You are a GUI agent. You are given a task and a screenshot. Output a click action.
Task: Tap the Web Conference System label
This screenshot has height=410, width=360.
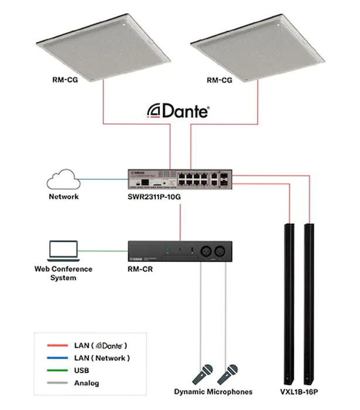(63, 274)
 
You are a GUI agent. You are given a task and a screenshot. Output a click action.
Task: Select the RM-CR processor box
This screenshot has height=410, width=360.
(182, 252)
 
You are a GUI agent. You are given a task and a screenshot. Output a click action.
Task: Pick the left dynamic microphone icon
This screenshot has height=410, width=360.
(202, 373)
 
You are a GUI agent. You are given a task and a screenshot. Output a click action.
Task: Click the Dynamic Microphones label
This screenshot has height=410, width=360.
(213, 392)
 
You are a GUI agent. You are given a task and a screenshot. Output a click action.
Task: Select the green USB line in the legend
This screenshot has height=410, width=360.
(56, 371)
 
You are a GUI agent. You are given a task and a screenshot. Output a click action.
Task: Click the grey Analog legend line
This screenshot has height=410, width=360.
(56, 384)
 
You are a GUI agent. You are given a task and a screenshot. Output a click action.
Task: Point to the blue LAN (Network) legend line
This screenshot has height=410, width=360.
(56, 358)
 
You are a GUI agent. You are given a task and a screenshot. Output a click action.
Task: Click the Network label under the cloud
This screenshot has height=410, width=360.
(63, 197)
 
